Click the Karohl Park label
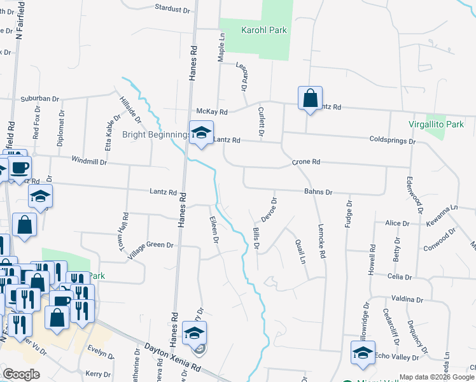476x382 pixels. (263, 30)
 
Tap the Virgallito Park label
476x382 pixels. (436, 125)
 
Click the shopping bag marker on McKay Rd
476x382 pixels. (310, 99)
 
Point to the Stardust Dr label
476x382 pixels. (172, 10)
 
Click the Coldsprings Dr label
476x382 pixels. (392, 140)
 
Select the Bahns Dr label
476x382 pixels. (318, 192)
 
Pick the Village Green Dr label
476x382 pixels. (150, 246)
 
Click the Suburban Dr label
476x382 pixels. (39, 99)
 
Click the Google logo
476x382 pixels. (22, 374)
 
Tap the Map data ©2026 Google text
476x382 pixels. (437, 377)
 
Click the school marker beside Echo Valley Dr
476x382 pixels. (363, 353)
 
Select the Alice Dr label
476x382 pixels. (397, 223)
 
